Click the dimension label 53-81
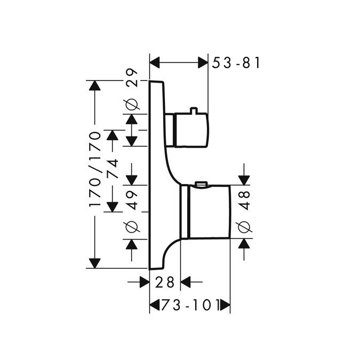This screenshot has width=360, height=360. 236,63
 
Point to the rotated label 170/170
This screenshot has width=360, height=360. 95,170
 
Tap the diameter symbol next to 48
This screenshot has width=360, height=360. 244,226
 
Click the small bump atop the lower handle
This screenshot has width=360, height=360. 201,185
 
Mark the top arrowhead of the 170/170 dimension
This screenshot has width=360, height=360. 95,85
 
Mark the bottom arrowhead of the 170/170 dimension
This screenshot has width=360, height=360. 95,263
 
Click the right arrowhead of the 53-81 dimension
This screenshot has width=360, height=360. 203,63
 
